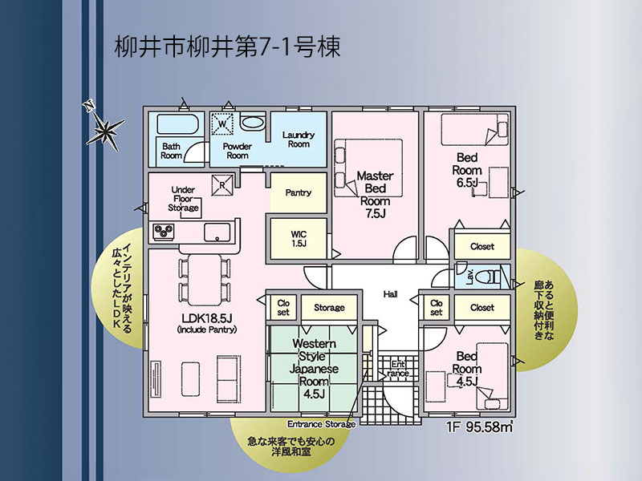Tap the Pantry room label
298,192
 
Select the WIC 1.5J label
299,239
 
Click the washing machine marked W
222,123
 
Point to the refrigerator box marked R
222,185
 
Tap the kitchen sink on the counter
217,232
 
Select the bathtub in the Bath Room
177,124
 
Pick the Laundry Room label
299,139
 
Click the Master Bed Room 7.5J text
375,194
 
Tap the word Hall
390,293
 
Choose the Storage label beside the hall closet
329,308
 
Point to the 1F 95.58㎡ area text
480,426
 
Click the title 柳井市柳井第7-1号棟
227,46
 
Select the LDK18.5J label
208,318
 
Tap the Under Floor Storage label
183,199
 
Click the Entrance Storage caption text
322,424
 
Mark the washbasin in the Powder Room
253,123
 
